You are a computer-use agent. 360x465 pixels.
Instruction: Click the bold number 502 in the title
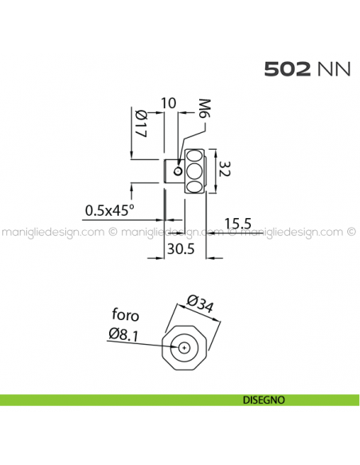click(289, 69)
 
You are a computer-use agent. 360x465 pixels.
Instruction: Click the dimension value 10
click(167, 104)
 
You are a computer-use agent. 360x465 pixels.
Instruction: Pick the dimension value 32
click(225, 170)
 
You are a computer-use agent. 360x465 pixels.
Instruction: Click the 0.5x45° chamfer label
click(110, 210)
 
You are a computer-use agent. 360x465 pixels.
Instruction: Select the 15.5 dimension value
click(238, 222)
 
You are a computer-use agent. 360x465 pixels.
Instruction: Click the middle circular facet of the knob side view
click(194, 170)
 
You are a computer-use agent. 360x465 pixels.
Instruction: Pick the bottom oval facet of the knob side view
click(194, 186)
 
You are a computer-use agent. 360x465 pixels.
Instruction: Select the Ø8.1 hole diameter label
click(124, 334)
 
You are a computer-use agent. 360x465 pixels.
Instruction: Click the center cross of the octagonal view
click(186, 347)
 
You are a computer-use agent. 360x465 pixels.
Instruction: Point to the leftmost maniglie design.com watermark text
click(53, 233)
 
